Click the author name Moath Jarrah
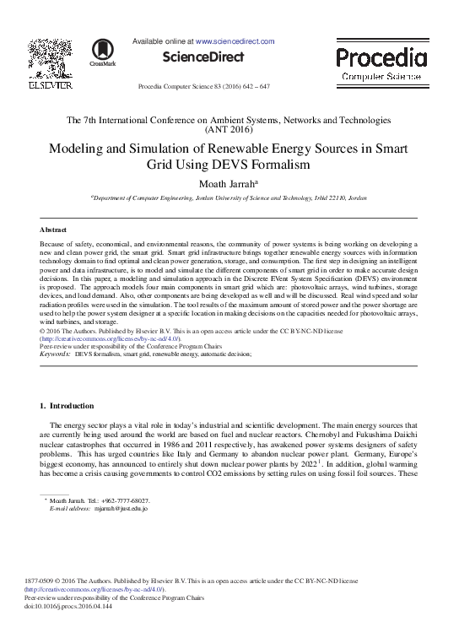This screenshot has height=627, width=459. point(227,182)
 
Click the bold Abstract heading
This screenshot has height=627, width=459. point(54,229)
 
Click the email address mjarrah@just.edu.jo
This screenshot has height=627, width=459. point(121,509)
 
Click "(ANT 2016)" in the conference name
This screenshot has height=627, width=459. point(229,131)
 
